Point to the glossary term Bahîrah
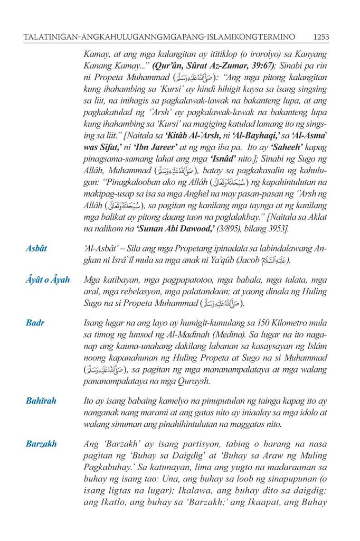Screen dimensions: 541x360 pyautogui.click(x=41, y=401)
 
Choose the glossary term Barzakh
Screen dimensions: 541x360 pyautogui.click(x=41, y=444)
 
